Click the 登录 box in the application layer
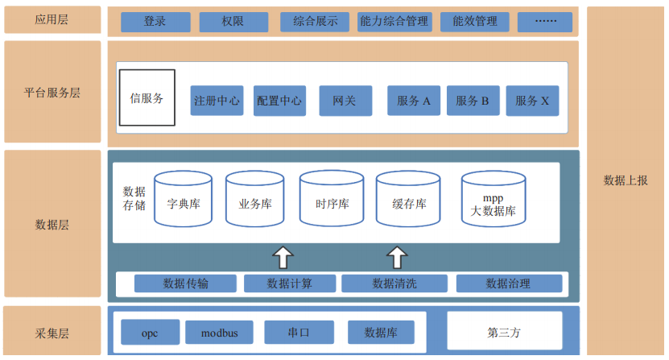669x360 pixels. click(155, 22)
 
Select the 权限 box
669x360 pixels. click(233, 22)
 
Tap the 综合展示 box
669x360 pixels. click(315, 22)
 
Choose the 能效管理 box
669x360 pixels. click(475, 22)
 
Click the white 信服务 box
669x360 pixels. click(147, 98)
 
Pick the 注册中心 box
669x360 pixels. click(217, 101)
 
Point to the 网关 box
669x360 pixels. click(345, 101)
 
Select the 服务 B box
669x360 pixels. click(473, 101)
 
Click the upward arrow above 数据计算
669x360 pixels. click(283, 258)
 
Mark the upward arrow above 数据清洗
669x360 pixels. click(396, 258)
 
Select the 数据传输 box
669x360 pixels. click(185, 283)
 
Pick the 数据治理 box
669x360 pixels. click(508, 283)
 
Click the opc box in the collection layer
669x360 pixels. click(150, 332)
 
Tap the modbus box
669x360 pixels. click(219, 332)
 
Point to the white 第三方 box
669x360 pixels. click(504, 331)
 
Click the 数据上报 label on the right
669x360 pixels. click(626, 180)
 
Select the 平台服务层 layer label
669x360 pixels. click(52, 93)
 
